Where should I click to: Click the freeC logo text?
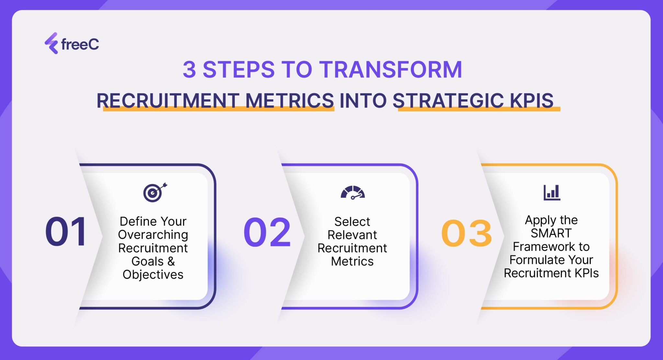(80, 44)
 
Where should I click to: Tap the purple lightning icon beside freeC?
(51, 43)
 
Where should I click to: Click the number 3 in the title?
(189, 70)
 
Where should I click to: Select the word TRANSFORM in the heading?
(391, 70)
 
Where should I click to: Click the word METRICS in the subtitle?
(289, 100)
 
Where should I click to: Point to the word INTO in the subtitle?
(363, 100)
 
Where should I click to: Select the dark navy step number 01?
(66, 232)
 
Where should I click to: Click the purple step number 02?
(267, 232)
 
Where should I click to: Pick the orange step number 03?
(466, 233)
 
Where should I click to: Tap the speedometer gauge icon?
(353, 193)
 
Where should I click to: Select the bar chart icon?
(552, 193)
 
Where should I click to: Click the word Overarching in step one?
(153, 235)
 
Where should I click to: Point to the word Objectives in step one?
(153, 275)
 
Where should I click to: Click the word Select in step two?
(352, 222)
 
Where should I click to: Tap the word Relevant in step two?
(352, 235)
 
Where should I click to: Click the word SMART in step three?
(551, 233)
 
